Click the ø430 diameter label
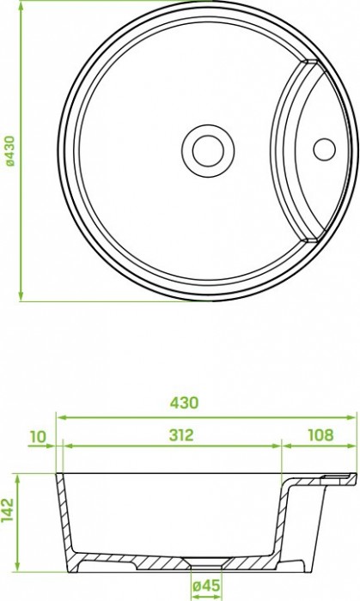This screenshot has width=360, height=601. click(x=10, y=150)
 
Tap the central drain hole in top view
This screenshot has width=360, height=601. click(x=208, y=150)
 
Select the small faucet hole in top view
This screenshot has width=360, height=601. click(x=325, y=149)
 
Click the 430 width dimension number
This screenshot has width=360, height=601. click(x=185, y=403)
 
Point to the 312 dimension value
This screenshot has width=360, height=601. click(x=181, y=435)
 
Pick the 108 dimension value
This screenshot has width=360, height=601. click(x=320, y=435)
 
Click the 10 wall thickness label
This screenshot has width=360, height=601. click(x=38, y=436)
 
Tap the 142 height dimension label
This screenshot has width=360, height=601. click(x=8, y=510)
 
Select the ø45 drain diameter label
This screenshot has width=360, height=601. click(x=207, y=586)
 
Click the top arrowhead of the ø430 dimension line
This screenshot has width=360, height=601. click(x=21, y=5)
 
